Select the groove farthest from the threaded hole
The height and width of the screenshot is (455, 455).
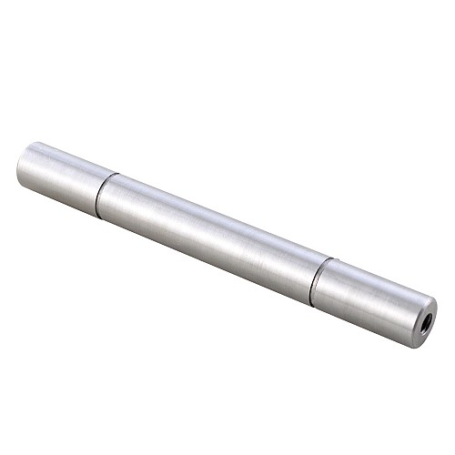coord(101,193)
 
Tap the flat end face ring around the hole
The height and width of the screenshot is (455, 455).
coord(418,314)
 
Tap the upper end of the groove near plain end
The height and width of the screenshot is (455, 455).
coord(113,174)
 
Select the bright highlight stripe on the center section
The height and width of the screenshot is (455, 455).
coord(218,215)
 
